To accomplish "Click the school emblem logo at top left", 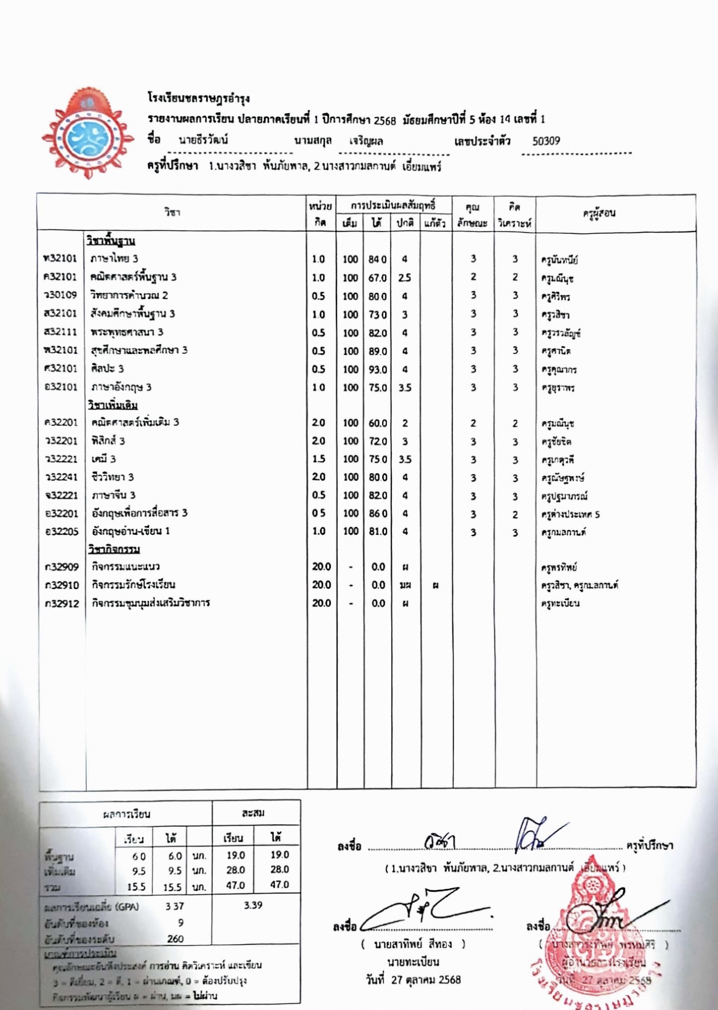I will [87, 140].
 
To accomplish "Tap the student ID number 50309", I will [546, 141].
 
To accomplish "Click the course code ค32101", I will [60, 277].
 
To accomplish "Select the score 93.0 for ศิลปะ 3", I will [378, 370].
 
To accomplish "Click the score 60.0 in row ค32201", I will [378, 423].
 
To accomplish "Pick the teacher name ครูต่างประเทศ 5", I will [570, 515].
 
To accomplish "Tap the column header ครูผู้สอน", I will [599, 214].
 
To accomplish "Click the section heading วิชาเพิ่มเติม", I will [113, 405].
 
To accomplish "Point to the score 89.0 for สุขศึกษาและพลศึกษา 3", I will [378, 351].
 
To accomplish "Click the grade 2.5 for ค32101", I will [404, 278].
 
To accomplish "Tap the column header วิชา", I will [172, 212].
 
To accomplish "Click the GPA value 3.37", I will [175, 906].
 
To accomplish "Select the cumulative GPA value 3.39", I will [252, 905].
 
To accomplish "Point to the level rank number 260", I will [175, 939].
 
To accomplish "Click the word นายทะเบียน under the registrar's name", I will [413, 962].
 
